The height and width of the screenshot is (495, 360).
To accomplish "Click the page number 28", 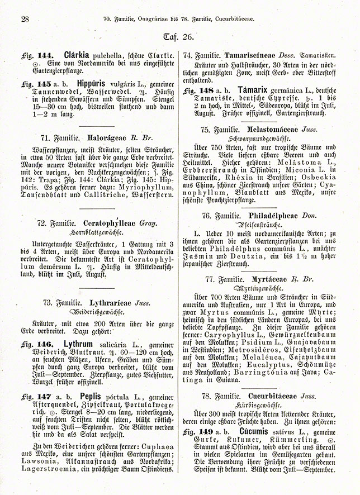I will pos(24,20).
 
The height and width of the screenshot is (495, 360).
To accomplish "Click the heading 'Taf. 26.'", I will pos(179,38).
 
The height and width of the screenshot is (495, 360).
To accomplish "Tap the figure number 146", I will pos(47,345).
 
